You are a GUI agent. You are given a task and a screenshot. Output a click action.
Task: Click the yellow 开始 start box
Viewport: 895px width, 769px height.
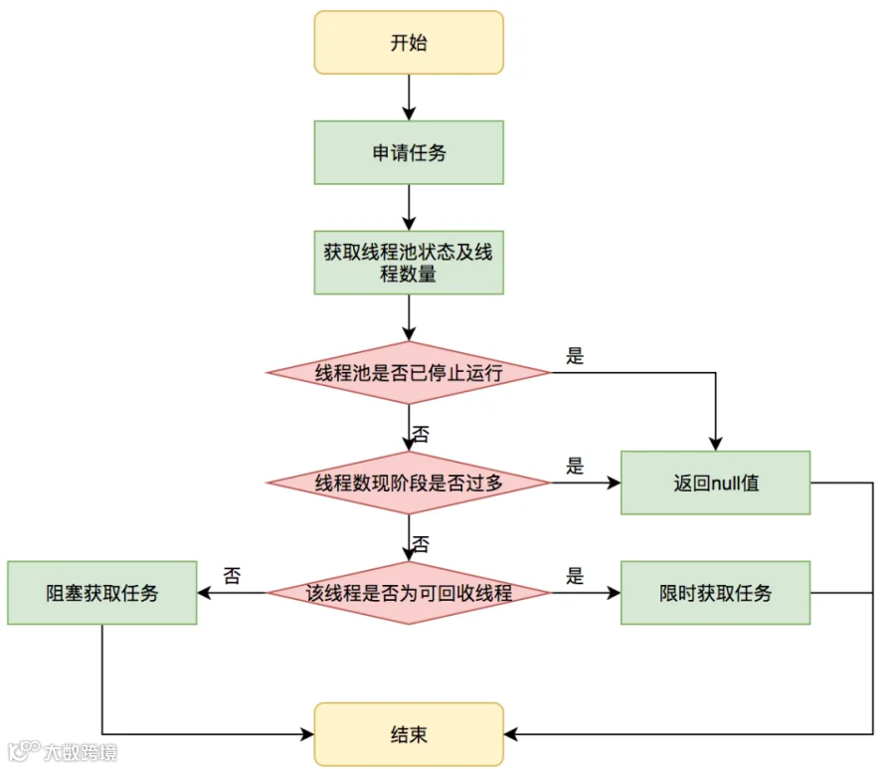[x=409, y=42]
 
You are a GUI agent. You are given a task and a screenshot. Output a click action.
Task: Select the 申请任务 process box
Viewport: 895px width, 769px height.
[x=409, y=152]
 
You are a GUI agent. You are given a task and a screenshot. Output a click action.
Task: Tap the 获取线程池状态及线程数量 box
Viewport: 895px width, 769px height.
[x=409, y=263]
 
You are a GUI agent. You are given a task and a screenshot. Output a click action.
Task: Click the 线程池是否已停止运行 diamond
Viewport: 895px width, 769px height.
[x=409, y=373]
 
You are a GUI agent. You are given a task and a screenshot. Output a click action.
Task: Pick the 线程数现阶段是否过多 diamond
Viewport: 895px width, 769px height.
[x=409, y=482]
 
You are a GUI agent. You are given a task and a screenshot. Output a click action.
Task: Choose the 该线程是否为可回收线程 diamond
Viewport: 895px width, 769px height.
[x=409, y=593]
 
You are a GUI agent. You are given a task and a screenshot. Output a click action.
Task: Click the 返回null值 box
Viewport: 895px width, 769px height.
[x=715, y=482]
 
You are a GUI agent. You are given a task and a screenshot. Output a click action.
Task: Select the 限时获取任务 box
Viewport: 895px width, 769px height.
[x=715, y=593]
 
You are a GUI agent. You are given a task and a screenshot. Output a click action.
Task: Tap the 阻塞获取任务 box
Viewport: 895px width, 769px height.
[x=102, y=593]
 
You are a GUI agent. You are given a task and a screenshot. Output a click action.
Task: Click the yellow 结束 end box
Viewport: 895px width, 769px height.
[x=409, y=734]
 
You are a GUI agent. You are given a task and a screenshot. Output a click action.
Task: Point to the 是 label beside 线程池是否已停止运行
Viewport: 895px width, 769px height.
[x=575, y=356]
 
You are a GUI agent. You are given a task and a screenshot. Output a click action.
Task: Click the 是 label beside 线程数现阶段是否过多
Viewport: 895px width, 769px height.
[x=575, y=466]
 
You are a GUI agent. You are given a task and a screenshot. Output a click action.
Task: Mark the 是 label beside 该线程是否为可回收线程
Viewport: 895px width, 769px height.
[x=575, y=575]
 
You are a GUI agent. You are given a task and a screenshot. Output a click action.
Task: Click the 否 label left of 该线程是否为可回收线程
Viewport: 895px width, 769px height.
[x=232, y=575]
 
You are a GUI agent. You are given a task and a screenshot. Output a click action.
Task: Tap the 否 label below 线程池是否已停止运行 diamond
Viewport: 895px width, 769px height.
[x=421, y=435]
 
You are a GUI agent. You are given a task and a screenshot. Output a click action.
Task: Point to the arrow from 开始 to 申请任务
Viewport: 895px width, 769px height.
[x=409, y=97]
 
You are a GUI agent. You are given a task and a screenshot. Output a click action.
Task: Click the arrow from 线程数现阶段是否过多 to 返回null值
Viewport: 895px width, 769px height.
[x=586, y=482]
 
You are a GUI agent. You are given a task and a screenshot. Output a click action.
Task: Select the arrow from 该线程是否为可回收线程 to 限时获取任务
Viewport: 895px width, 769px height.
[x=586, y=593]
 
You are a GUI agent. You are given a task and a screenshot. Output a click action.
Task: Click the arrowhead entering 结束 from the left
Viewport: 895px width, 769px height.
[x=307, y=734]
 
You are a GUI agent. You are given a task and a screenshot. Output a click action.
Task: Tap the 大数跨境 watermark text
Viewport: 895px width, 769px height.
[x=81, y=752]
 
